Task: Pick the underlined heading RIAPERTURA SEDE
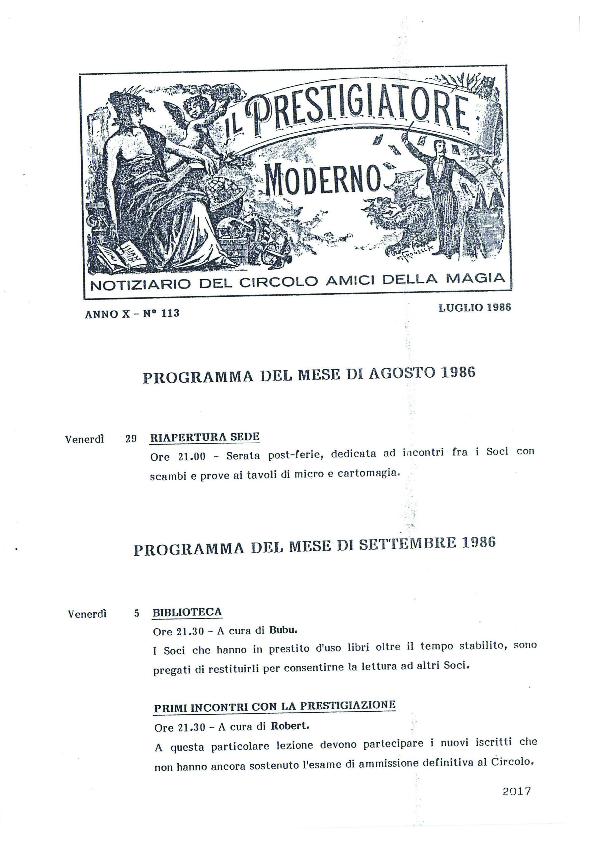point(205,437)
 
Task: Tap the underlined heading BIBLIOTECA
point(188,612)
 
